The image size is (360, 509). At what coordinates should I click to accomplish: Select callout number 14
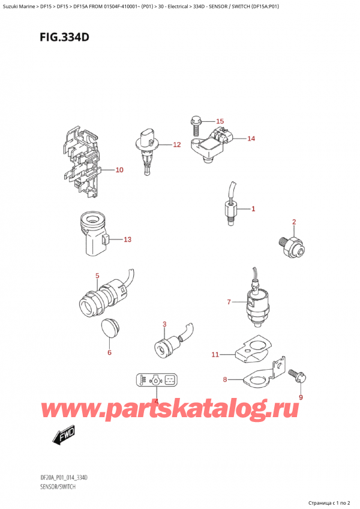251,139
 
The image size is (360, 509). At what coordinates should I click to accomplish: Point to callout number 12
176,145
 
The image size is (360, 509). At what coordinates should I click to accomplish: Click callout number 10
119,170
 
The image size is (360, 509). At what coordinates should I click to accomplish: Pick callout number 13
127,239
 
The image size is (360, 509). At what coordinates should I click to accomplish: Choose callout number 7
229,301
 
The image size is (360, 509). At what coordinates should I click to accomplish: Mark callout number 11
216,355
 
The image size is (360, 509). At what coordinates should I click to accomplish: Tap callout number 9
301,397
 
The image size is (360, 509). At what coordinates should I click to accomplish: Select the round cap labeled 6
109,329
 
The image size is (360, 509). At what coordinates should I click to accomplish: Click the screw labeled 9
298,376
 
